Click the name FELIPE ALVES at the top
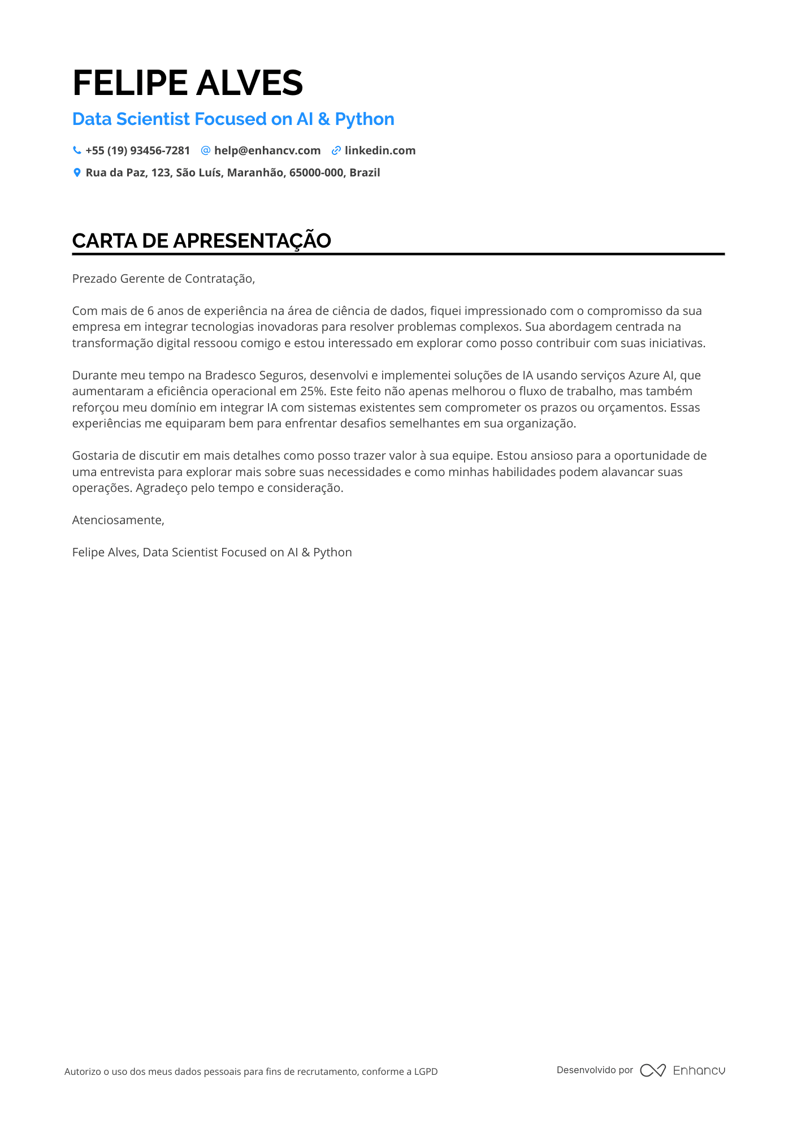click(x=188, y=83)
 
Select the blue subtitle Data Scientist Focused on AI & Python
click(x=233, y=119)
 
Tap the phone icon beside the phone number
click(x=77, y=150)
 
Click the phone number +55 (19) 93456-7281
click(x=137, y=150)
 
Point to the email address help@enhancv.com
click(x=267, y=150)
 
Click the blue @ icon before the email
click(x=206, y=150)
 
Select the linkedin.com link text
click(x=380, y=150)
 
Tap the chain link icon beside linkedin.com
click(x=336, y=150)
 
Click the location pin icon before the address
click(x=77, y=172)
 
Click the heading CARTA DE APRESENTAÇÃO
click(x=201, y=241)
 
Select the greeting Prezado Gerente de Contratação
click(x=163, y=279)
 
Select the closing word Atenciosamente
click(x=118, y=520)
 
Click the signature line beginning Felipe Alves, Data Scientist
click(x=212, y=552)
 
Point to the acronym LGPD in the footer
click(x=426, y=1071)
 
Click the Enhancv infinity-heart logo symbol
click(x=653, y=1070)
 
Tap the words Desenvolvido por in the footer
click(x=595, y=1070)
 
